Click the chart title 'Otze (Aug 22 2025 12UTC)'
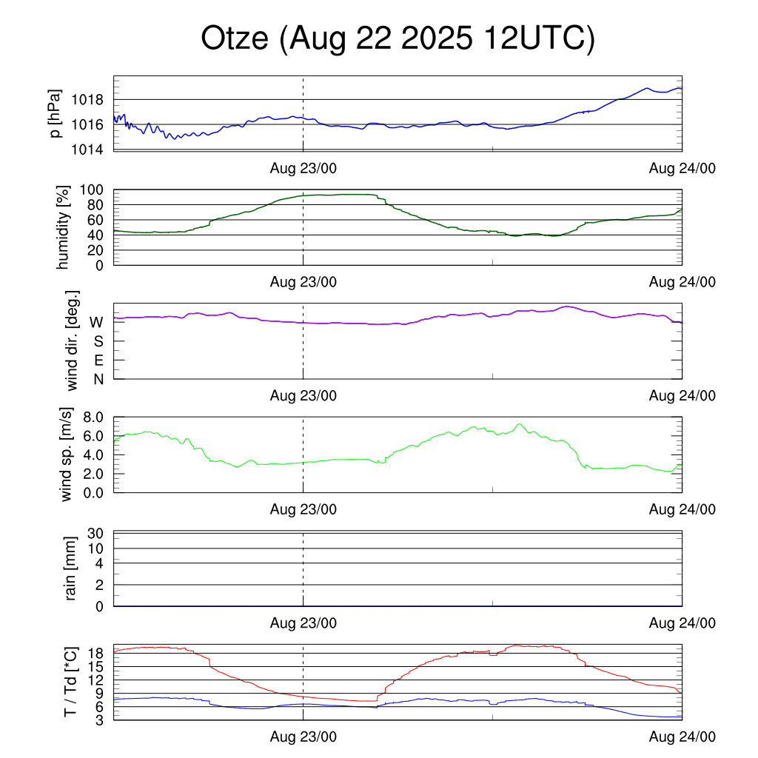point(398,38)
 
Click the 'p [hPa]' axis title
point(56,113)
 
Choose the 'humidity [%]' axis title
point(65,227)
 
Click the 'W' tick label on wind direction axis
point(96,322)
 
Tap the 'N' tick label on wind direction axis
point(98,379)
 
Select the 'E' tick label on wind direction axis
point(98,360)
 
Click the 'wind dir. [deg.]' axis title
point(73,341)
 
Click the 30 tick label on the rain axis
point(95,533)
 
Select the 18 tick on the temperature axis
point(95,654)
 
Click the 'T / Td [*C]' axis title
point(71,682)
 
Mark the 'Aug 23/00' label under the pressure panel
point(303,168)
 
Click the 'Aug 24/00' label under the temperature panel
point(682,737)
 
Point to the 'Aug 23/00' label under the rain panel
point(303,623)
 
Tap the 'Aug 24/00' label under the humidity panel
point(682,282)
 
